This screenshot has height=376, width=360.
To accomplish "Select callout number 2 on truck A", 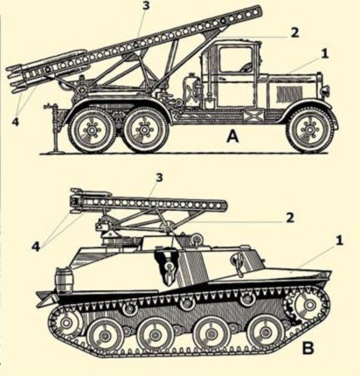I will click(294, 32).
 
